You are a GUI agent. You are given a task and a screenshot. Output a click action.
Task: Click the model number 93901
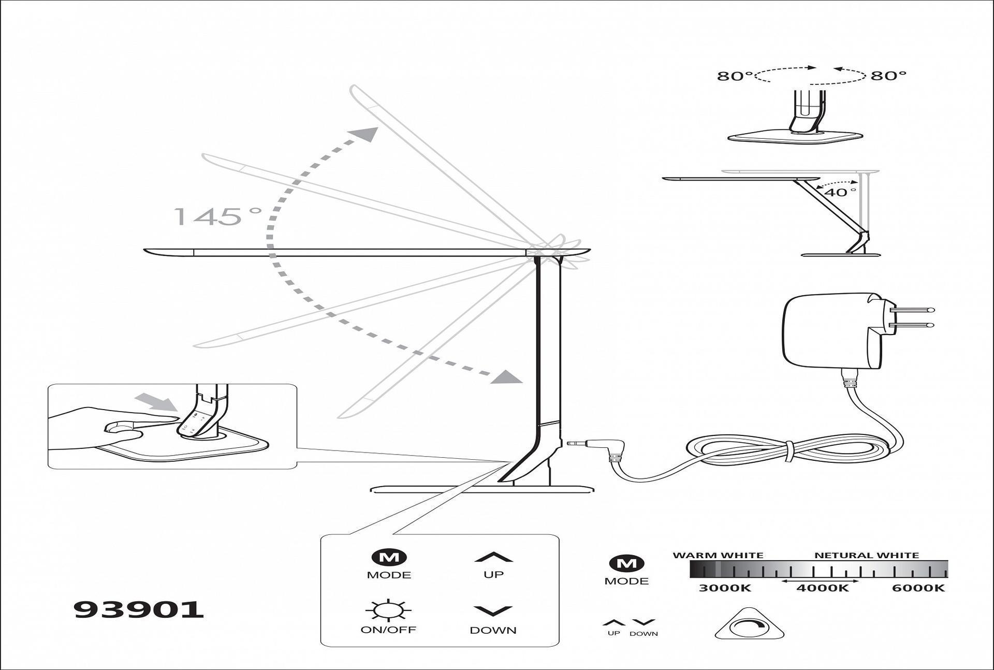(139, 609)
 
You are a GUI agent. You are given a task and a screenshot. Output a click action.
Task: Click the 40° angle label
(840, 193)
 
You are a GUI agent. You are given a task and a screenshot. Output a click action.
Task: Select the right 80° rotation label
(888, 76)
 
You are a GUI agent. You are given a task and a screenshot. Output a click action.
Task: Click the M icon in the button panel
(389, 558)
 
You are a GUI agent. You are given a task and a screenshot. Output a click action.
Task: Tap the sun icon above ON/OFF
(388, 610)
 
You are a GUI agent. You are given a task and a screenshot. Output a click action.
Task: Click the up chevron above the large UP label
(493, 558)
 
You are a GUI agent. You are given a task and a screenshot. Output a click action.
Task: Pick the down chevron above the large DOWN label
(493, 611)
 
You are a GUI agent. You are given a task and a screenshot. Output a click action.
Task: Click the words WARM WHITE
(718, 556)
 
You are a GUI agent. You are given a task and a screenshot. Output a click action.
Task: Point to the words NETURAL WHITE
(866, 556)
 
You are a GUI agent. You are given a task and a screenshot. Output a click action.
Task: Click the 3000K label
(724, 588)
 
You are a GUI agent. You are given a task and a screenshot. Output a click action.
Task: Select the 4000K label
(822, 588)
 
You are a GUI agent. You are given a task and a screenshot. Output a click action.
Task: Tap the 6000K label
(918, 588)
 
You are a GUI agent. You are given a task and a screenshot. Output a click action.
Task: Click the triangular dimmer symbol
(749, 625)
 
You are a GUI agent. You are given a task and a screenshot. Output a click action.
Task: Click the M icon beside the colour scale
(626, 563)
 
